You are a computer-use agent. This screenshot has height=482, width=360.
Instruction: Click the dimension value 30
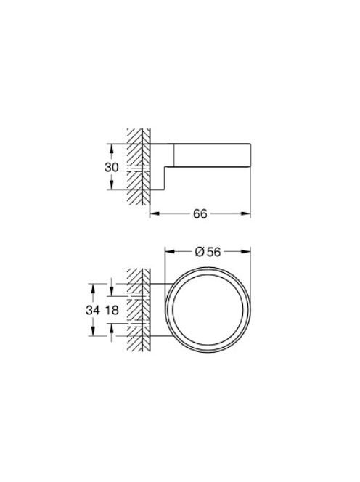(111, 167)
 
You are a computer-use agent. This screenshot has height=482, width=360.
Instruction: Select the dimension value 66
(200, 213)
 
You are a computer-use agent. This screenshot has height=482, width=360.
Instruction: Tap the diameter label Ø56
(208, 252)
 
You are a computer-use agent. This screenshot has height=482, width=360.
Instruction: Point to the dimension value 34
(93, 310)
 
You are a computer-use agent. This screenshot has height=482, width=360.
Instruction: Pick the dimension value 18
(112, 310)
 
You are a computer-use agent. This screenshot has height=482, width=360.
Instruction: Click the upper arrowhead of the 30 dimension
(111, 148)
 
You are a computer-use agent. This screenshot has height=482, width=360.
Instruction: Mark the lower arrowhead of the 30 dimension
(111, 185)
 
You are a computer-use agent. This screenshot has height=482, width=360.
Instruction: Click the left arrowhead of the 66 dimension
(155, 213)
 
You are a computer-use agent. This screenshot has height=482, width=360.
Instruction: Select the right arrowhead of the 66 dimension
(246, 213)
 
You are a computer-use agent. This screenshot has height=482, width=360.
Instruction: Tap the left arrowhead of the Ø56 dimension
(170, 251)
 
